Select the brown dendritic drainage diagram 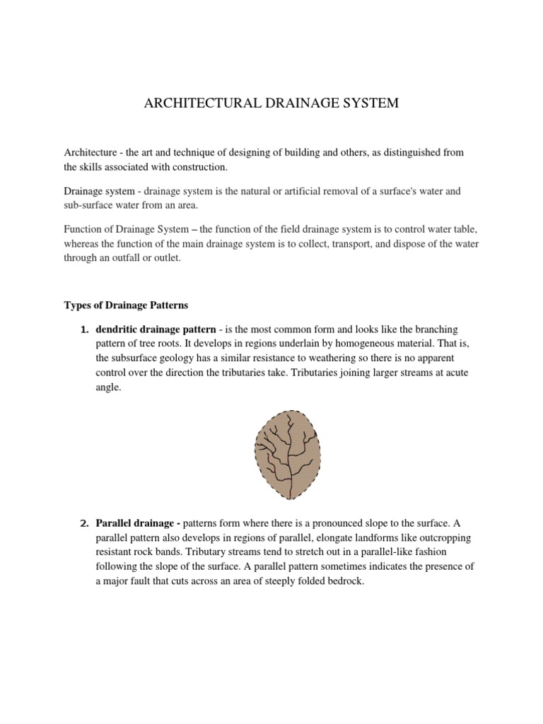click(288, 455)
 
